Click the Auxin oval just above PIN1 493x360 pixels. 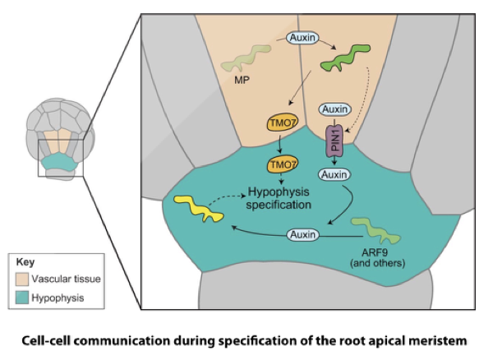point(334,109)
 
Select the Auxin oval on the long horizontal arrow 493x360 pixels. point(302,236)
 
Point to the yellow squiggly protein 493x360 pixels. point(198,210)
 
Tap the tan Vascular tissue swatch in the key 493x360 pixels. point(22,279)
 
